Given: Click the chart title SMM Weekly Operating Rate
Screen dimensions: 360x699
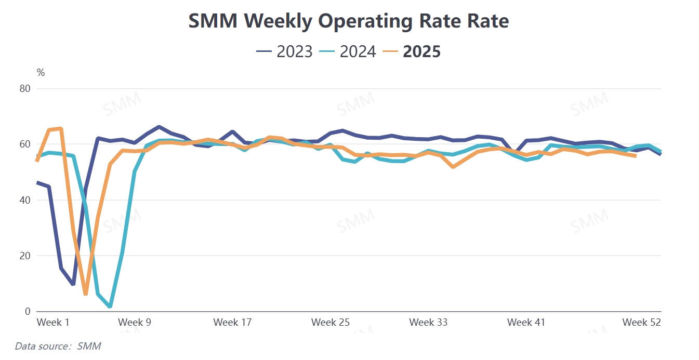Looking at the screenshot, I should [x=348, y=21].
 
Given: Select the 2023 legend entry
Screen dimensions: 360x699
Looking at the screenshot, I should [x=285, y=51].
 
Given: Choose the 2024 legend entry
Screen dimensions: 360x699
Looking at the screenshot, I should [x=348, y=51].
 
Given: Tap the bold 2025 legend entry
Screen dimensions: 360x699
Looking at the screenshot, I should [x=412, y=51].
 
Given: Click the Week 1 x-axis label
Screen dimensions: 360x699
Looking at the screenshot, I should [x=53, y=323].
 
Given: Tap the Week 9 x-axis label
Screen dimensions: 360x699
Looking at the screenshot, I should [x=135, y=323].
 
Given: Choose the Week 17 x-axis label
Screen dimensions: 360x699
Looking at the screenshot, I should [x=232, y=323].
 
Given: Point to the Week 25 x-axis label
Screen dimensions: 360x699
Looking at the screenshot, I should [x=331, y=323].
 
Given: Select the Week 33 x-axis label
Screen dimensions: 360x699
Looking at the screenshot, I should [x=428, y=323].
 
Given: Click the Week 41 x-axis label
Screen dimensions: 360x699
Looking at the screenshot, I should [x=526, y=323].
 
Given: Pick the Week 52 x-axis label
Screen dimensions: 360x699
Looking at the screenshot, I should [x=642, y=323].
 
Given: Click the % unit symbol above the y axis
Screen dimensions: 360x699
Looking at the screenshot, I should [x=41, y=73].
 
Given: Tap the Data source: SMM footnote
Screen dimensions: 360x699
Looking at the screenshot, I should [x=58, y=346].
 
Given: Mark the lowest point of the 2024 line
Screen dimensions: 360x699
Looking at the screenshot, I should [x=110, y=306].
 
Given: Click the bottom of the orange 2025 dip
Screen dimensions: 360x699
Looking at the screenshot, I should [x=86, y=294].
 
